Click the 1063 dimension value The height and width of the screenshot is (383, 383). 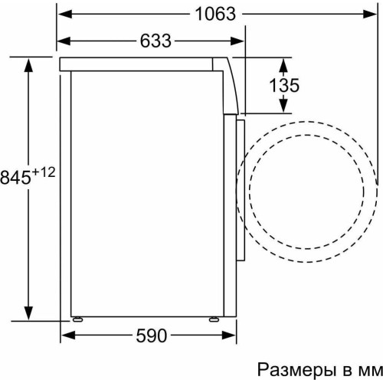point(215,14)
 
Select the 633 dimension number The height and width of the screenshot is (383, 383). point(155,41)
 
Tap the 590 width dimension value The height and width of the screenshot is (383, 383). point(151,336)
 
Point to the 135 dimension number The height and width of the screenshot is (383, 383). point(284,85)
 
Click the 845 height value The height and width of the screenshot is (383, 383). point(16,177)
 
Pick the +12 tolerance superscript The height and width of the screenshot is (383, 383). point(44,173)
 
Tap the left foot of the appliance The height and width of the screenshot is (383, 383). point(77,319)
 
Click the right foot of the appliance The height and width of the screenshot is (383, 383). point(213,319)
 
